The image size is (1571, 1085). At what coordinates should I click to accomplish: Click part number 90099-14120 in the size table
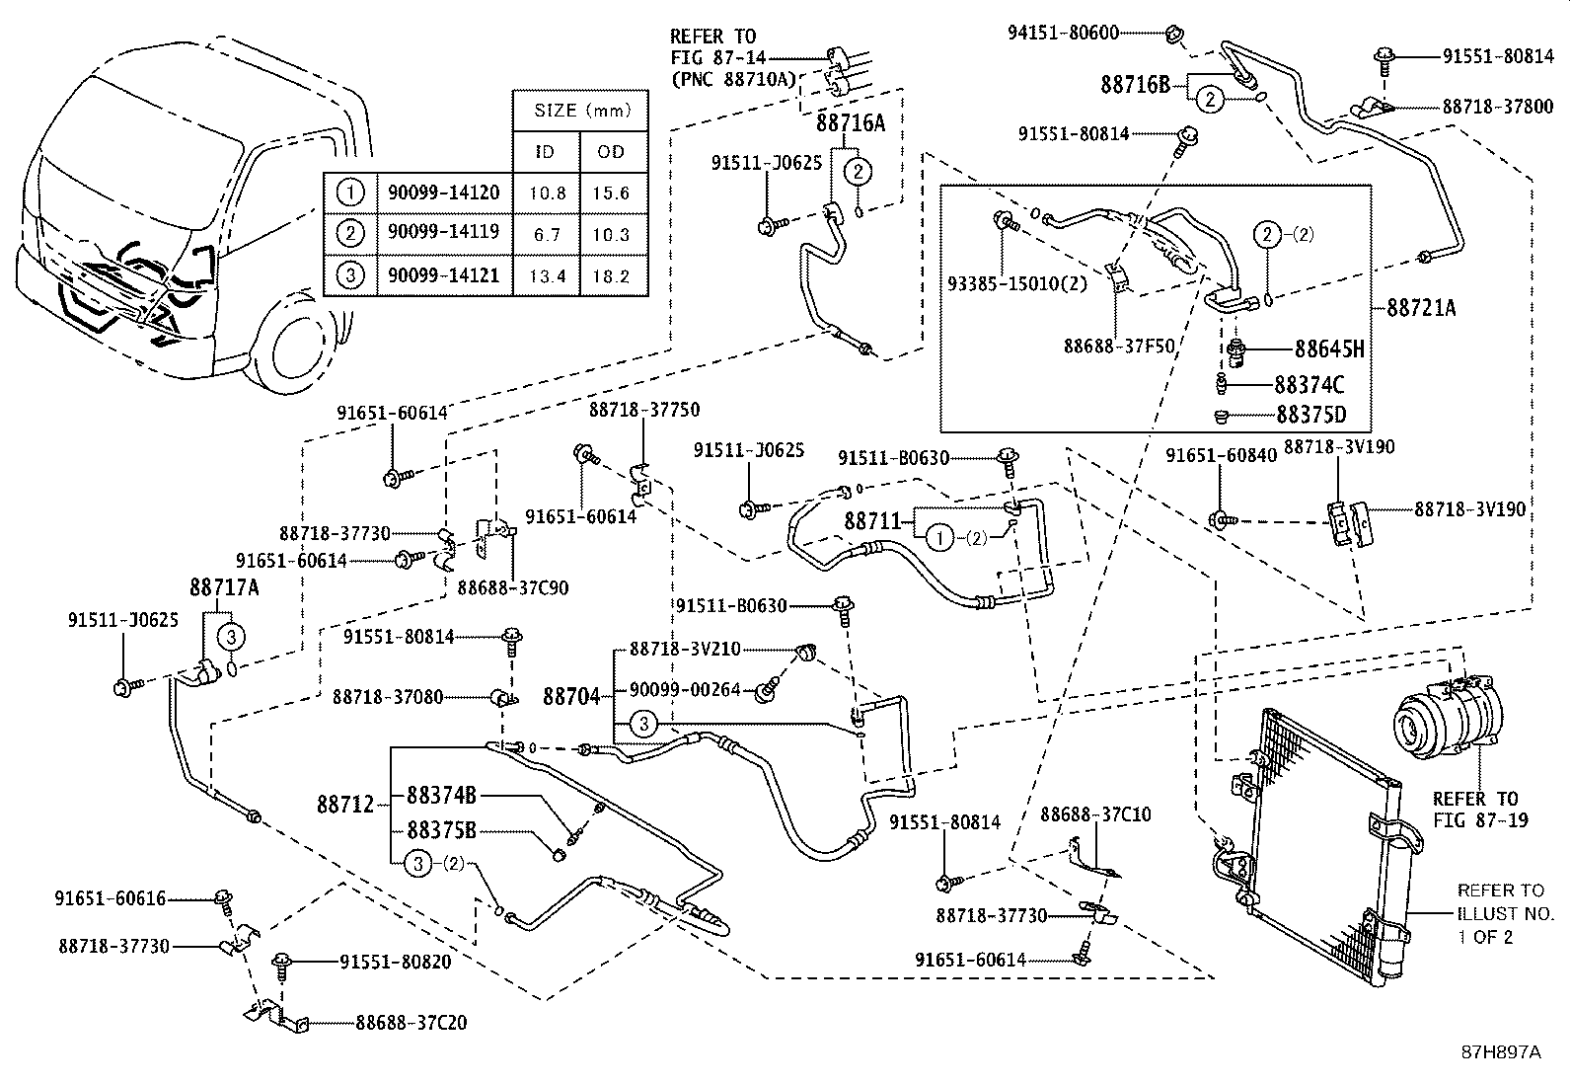click(x=443, y=193)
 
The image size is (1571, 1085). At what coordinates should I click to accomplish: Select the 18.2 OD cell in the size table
click(x=611, y=276)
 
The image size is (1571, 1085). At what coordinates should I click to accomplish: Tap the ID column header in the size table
click(x=545, y=151)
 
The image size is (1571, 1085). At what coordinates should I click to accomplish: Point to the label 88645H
click(x=1327, y=349)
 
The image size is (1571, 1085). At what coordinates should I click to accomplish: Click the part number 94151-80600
click(x=1063, y=33)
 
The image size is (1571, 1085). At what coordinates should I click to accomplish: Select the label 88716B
click(x=1135, y=86)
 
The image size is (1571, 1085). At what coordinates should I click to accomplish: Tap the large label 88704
click(x=571, y=697)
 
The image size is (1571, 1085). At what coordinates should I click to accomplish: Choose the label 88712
click(x=345, y=805)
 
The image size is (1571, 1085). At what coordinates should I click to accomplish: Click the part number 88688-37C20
click(x=411, y=1023)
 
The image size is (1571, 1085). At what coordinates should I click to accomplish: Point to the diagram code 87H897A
click(x=1500, y=1052)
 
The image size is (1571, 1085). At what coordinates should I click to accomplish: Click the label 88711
click(x=872, y=520)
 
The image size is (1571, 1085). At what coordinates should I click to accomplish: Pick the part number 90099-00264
click(x=685, y=690)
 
